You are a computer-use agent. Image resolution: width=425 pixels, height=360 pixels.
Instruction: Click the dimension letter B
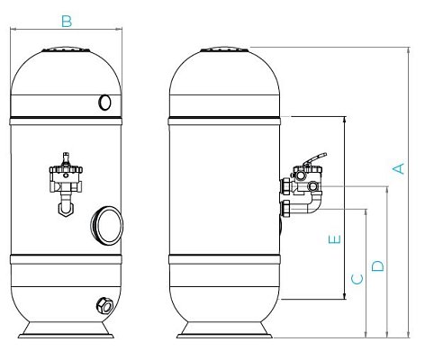[x=67, y=22]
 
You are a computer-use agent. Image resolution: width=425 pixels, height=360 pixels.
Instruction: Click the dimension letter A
[x=398, y=168]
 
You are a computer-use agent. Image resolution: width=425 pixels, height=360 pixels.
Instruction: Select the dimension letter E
[x=335, y=239]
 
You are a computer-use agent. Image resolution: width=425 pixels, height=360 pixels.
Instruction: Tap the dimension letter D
[x=377, y=265]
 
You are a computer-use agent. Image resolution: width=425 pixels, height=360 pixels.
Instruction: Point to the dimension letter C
[x=357, y=279]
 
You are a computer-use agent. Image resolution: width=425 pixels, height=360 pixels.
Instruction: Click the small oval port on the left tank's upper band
[x=104, y=103]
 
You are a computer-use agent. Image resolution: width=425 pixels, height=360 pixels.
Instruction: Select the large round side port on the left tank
[x=107, y=224]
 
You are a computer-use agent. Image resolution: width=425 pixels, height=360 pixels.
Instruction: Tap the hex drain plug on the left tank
[x=104, y=306]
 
